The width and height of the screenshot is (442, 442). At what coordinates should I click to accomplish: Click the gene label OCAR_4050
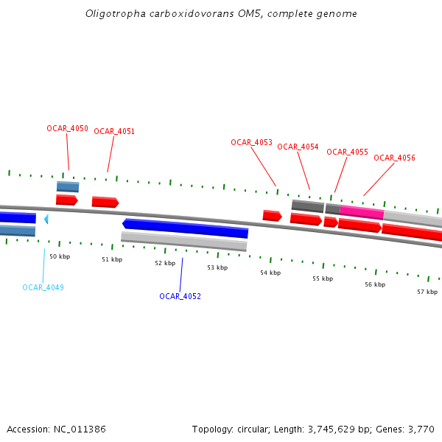(67, 128)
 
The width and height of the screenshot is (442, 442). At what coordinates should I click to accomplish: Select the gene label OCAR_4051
(114, 131)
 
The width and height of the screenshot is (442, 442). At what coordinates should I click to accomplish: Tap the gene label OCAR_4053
(251, 142)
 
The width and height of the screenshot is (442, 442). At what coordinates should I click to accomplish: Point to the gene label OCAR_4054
(298, 147)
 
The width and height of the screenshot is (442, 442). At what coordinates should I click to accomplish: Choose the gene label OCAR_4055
(347, 152)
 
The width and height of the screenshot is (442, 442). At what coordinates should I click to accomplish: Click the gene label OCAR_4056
(394, 158)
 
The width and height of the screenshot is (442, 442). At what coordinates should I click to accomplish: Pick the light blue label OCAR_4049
(43, 287)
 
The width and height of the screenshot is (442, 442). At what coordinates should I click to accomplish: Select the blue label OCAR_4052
(180, 296)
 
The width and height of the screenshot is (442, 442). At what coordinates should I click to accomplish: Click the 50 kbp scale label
(60, 256)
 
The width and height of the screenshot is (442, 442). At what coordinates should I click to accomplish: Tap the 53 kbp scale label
(217, 267)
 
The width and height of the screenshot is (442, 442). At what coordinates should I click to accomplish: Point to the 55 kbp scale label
(323, 278)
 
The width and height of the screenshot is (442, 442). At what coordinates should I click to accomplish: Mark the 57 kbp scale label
(427, 292)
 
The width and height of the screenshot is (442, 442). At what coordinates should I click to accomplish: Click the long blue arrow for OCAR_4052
(186, 228)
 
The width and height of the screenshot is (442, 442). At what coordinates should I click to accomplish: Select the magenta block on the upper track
(361, 212)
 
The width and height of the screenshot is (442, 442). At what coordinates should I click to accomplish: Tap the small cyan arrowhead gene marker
(46, 219)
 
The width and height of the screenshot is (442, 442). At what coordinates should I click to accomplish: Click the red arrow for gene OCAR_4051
(105, 202)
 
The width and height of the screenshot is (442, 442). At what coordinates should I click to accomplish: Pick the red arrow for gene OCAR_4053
(272, 215)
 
